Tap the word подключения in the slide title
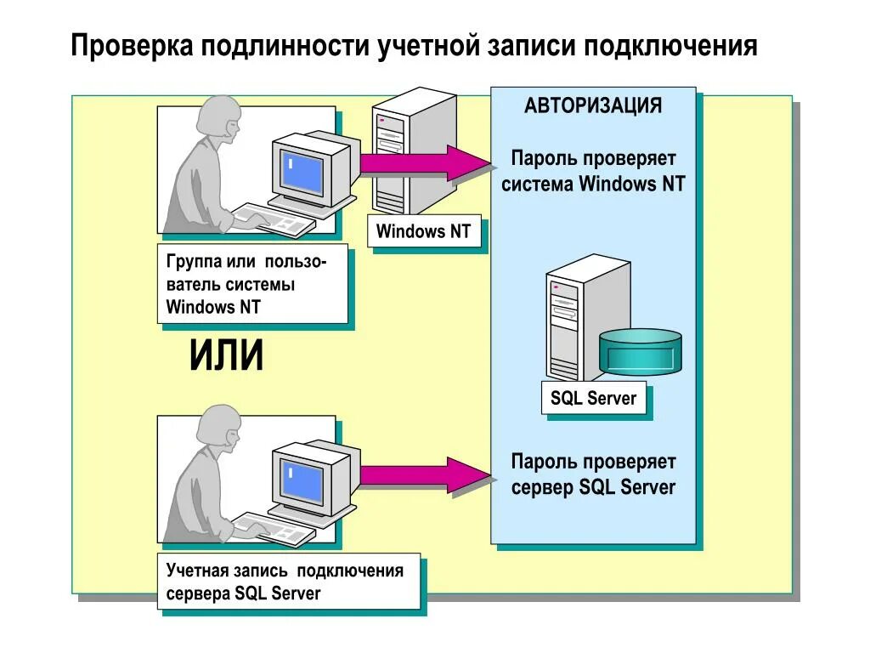click(x=669, y=45)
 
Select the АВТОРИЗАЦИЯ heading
click(x=593, y=106)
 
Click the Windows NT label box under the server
click(x=424, y=231)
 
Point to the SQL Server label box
click(x=593, y=398)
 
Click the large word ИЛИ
click(x=226, y=355)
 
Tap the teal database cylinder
click(x=641, y=350)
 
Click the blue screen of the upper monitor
click(x=303, y=170)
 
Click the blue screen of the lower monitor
click(x=303, y=480)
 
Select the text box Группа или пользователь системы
click(x=252, y=284)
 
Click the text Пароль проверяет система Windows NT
click(x=593, y=171)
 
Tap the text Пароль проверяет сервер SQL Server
click(x=593, y=474)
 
